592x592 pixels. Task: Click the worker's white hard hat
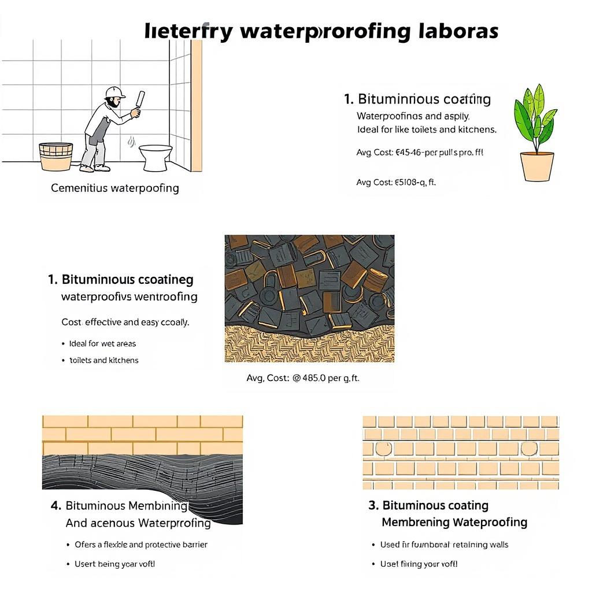[x=115, y=92]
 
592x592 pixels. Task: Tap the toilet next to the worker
[x=156, y=157]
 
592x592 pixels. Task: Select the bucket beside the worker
[x=55, y=156]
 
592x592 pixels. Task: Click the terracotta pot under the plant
[x=537, y=166]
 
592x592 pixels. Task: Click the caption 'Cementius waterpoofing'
[x=115, y=188]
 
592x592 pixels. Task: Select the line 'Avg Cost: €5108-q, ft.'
[x=396, y=182]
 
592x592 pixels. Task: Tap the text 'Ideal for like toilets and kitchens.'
[x=427, y=129]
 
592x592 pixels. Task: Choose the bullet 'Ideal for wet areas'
[x=102, y=343]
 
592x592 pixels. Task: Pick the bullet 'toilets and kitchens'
[x=104, y=360]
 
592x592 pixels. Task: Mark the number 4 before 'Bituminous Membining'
[x=55, y=506]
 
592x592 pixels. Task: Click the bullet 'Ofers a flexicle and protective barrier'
[x=140, y=545]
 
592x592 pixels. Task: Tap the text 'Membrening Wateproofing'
[x=454, y=523]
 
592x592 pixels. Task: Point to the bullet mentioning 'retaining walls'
[x=444, y=545]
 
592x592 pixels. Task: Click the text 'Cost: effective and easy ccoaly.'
[x=125, y=322]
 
